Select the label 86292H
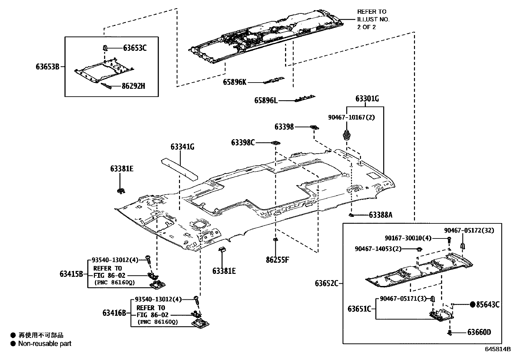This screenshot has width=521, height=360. point(133,86)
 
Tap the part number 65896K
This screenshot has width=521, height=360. point(235,83)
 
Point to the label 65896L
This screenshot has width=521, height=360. point(266,101)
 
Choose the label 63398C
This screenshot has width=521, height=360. point(243,142)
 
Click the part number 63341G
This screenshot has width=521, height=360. point(182,147)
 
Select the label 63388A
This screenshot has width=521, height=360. point(380,215)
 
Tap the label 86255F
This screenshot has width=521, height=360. point(278,260)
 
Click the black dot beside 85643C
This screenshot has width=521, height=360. point(472,305)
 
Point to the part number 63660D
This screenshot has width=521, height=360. point(479,332)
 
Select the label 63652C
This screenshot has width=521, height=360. point(327,283)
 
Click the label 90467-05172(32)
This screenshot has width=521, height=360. point(469,231)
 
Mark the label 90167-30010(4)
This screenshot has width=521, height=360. point(408,238)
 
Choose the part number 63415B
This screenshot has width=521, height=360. point(71,274)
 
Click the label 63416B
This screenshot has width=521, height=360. point(114,313)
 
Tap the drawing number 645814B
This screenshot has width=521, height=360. point(498,349)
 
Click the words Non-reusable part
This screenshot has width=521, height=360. point(45,344)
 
